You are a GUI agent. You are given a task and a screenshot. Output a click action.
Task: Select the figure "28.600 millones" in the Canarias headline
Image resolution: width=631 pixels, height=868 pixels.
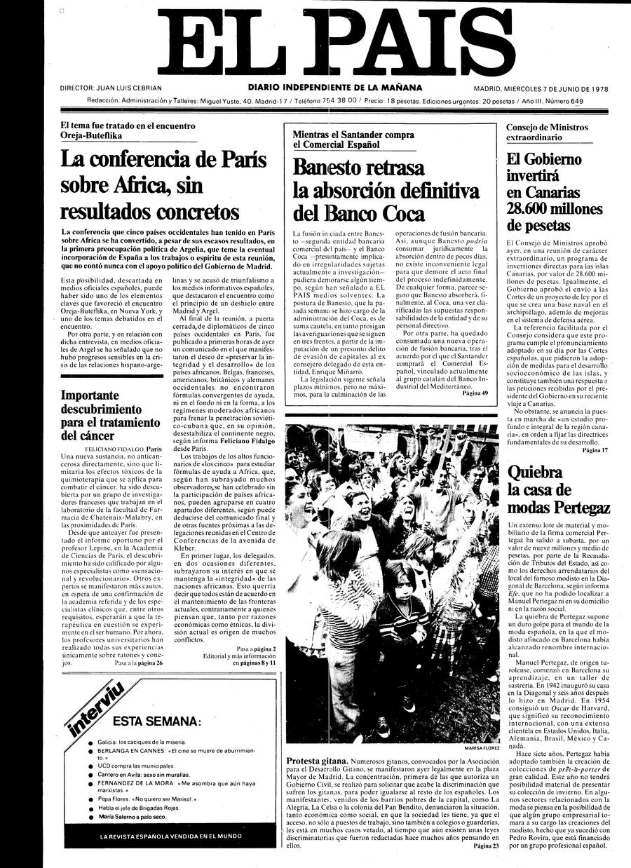click(x=554, y=208)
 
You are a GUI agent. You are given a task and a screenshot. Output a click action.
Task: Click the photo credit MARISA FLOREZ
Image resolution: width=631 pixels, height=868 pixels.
click(x=482, y=748)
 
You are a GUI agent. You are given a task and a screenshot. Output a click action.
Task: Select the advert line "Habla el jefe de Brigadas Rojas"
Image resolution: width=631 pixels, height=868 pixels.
click(x=140, y=808)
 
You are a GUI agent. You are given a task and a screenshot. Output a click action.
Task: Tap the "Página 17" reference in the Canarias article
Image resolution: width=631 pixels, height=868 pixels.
click(x=595, y=449)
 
